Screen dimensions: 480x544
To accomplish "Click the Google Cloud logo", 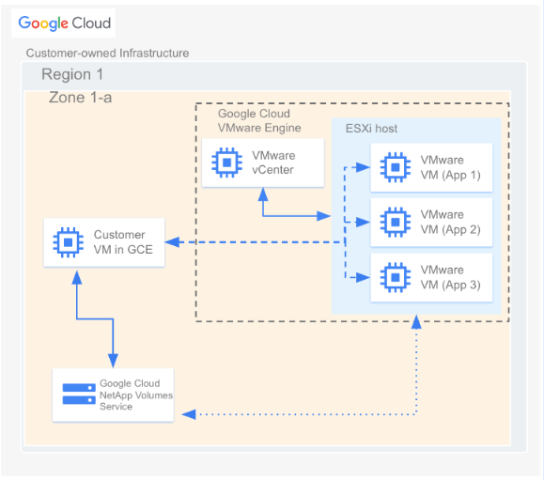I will (x=64, y=23).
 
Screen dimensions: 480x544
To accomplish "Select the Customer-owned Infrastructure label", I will (x=107, y=54).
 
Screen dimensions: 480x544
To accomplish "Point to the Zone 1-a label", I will (x=81, y=98).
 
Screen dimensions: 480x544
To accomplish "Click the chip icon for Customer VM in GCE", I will (x=68, y=242).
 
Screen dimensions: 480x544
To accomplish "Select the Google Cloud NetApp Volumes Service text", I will (x=130, y=395).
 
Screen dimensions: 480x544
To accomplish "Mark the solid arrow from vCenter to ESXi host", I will (x=291, y=214).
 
